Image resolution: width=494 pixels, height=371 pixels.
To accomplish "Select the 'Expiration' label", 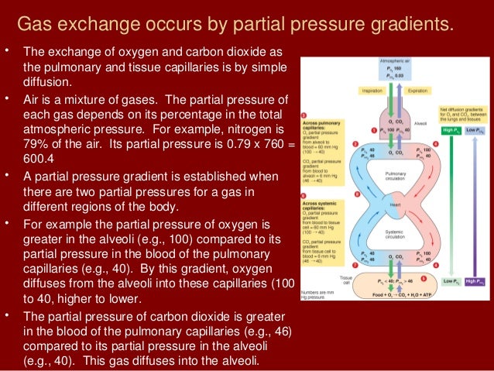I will click(416, 90).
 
